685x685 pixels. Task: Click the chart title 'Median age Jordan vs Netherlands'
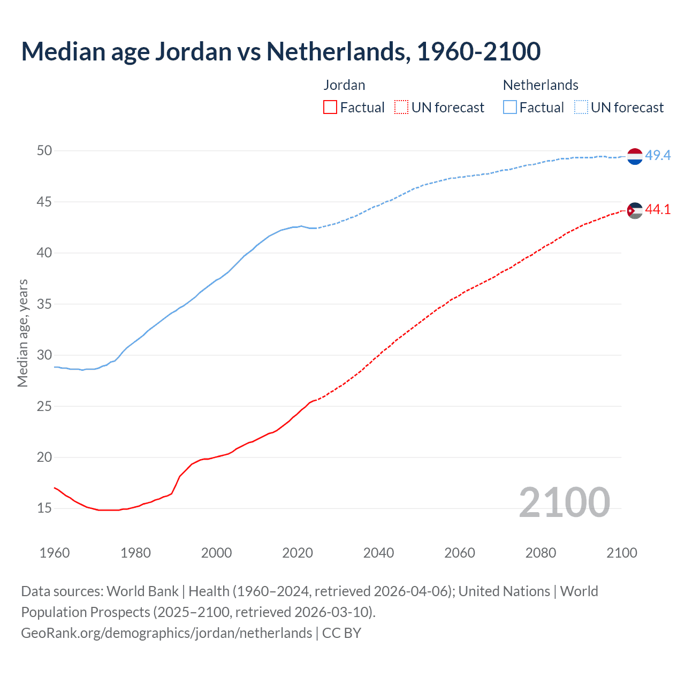pyautogui.click(x=280, y=52)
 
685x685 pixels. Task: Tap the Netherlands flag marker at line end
pyautogui.click(x=635, y=156)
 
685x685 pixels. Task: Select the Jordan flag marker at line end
pyautogui.click(x=635, y=211)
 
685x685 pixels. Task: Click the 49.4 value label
pyautogui.click(x=658, y=156)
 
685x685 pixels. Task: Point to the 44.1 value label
pyautogui.click(x=658, y=210)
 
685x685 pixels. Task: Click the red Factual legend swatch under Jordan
pyautogui.click(x=330, y=108)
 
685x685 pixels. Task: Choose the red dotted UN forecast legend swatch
pyautogui.click(x=401, y=108)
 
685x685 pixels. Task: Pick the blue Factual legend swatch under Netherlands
pyautogui.click(x=509, y=108)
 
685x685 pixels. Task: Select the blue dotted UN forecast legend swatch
pyautogui.click(x=581, y=108)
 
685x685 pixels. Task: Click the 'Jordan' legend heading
pyautogui.click(x=344, y=85)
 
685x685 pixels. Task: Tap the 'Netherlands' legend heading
pyautogui.click(x=541, y=85)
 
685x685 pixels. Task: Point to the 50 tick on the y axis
pyautogui.click(x=44, y=151)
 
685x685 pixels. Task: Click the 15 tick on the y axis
pyautogui.click(x=44, y=508)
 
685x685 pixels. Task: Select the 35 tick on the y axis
pyautogui.click(x=44, y=304)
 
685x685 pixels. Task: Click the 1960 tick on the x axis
pyautogui.click(x=55, y=553)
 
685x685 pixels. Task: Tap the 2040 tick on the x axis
pyautogui.click(x=378, y=553)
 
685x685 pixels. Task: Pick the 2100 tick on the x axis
pyautogui.click(x=621, y=553)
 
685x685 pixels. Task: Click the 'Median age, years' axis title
pyautogui.click(x=23, y=333)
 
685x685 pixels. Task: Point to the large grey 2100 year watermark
pyautogui.click(x=564, y=503)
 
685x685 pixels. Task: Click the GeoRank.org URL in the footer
pyautogui.click(x=166, y=633)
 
